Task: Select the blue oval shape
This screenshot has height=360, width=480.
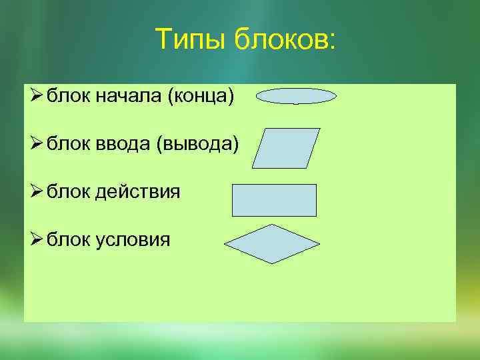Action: tap(296, 96)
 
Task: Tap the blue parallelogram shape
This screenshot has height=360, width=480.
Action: tap(286, 148)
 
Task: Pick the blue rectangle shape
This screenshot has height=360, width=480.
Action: tap(274, 200)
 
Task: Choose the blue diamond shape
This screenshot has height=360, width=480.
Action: tap(272, 244)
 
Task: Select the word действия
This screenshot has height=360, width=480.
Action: tap(138, 193)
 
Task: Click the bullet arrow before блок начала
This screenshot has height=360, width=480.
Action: tap(36, 97)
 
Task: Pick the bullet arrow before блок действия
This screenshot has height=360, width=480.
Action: tap(36, 193)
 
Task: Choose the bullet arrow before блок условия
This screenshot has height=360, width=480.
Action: tap(36, 239)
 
